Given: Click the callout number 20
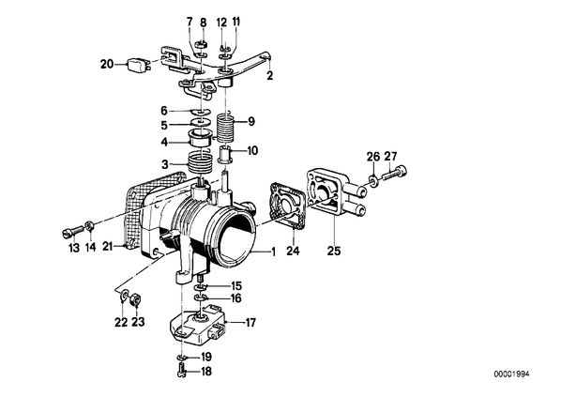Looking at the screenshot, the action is [107, 65].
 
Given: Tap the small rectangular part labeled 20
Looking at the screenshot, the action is [136, 66].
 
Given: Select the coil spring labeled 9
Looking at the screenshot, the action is [226, 128].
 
